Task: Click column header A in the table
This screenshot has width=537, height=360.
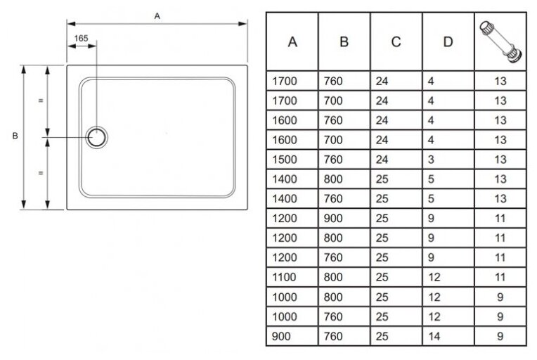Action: tap(292, 41)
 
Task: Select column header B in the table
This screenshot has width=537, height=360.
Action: tap(344, 41)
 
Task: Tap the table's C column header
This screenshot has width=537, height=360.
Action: tap(396, 41)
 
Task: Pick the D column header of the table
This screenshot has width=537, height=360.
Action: tap(448, 41)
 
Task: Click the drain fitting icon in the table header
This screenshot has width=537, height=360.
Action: tap(500, 41)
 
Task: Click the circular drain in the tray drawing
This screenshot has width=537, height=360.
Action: tap(96, 136)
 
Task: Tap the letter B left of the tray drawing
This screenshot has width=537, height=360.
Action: tap(15, 136)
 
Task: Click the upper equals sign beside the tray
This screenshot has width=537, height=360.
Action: tap(41, 101)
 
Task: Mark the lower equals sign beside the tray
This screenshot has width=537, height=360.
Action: tap(41, 172)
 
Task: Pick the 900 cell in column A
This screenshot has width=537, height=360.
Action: tap(281, 336)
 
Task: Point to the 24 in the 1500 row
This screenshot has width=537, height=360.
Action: tap(382, 160)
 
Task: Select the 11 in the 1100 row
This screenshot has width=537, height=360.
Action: tap(500, 277)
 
